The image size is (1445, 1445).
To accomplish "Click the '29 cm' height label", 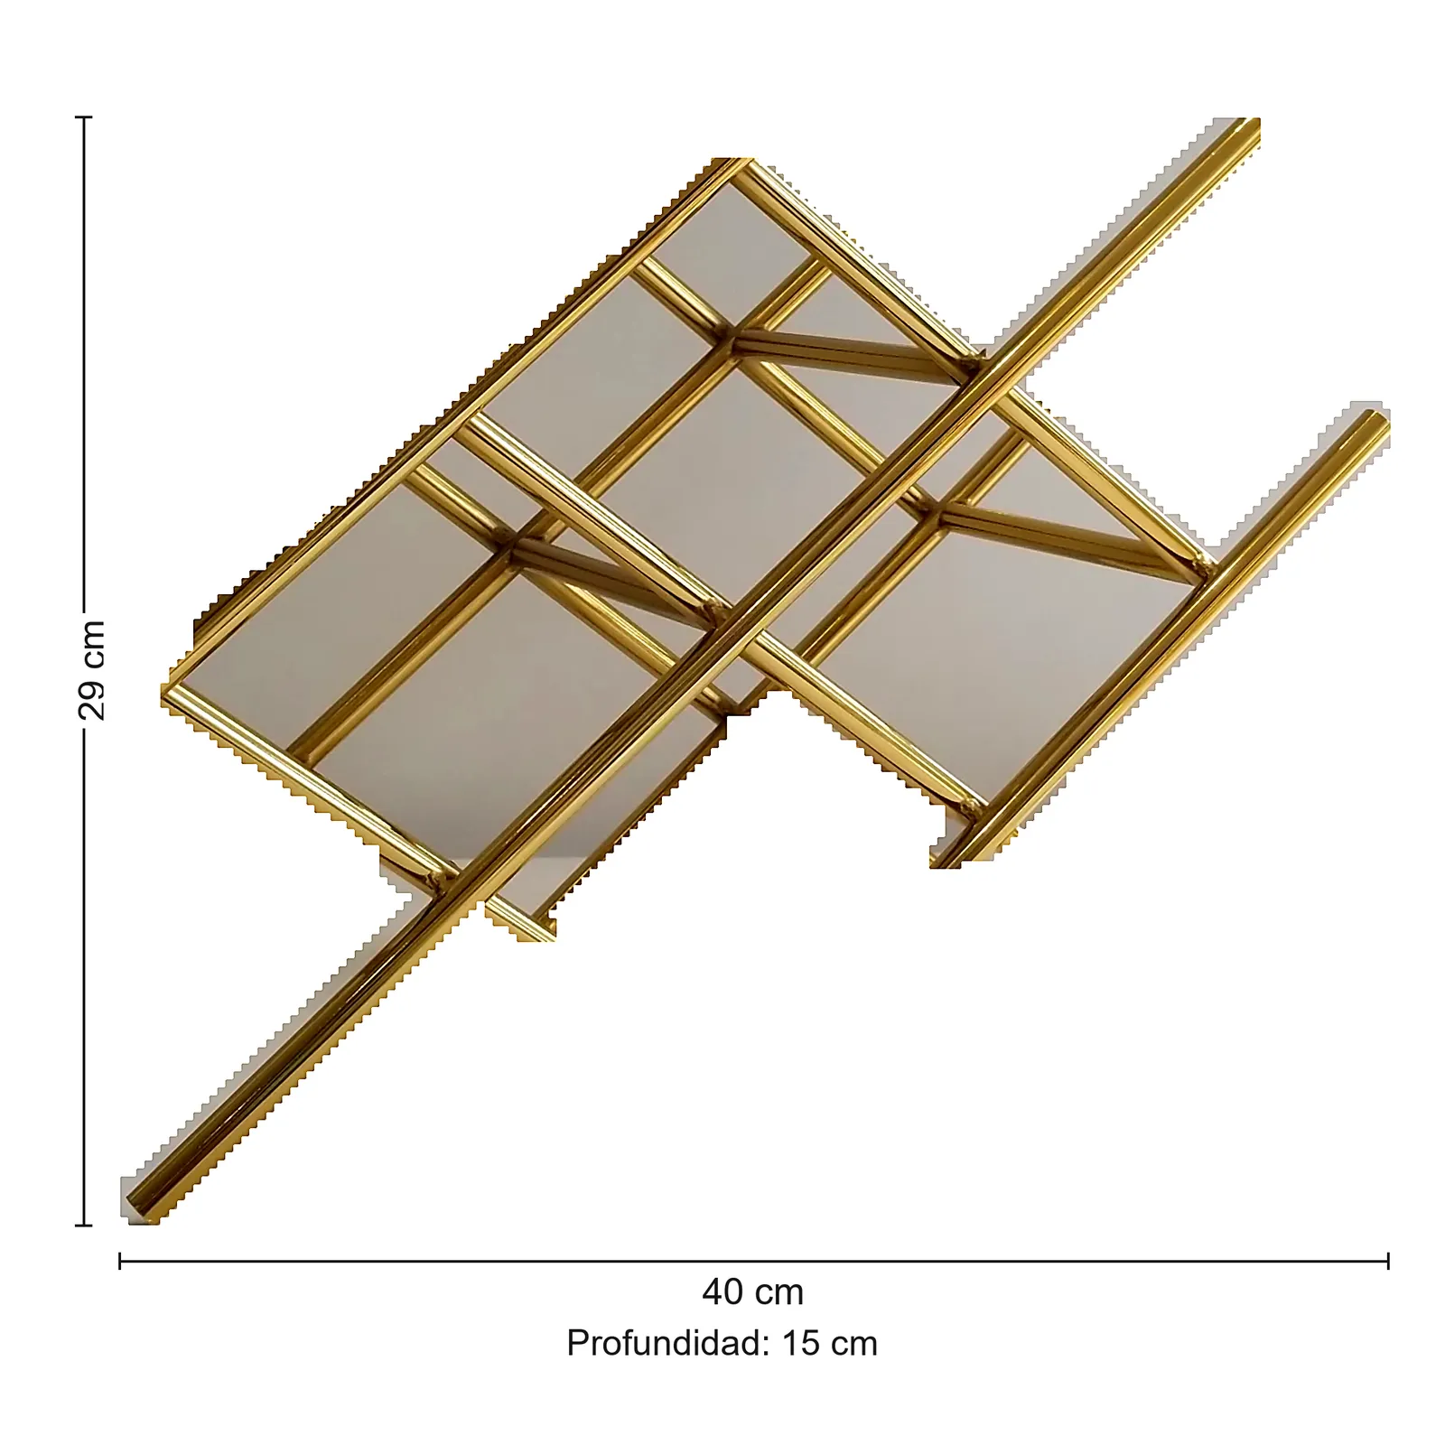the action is tap(92, 670).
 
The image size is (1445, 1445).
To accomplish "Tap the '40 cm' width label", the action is tap(752, 1292).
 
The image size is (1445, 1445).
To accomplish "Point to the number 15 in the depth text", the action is tap(800, 1344).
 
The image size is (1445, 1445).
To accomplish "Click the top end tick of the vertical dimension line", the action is tap(84, 117).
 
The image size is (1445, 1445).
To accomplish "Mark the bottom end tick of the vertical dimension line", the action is tap(84, 1226).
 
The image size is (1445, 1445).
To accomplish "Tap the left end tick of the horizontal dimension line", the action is tap(120, 1260).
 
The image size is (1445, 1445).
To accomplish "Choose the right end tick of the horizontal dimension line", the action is tap(1388, 1260).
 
